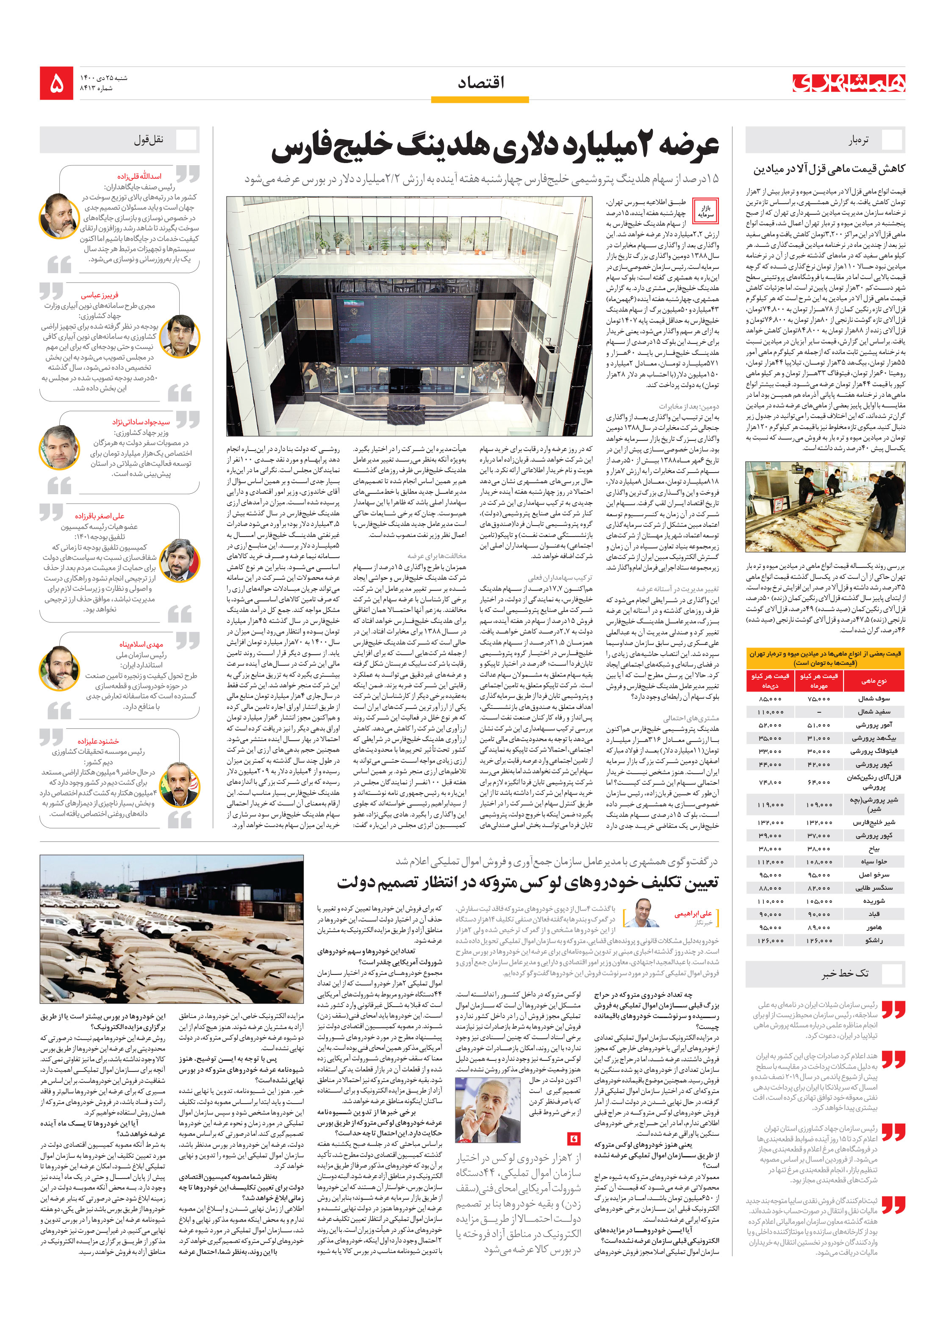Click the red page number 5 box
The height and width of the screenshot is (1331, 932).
(x=56, y=83)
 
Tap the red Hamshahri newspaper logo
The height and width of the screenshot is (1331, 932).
(x=848, y=83)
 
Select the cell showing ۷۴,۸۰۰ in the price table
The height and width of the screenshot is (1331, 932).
(x=770, y=782)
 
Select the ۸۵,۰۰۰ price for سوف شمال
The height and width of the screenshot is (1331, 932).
(x=770, y=699)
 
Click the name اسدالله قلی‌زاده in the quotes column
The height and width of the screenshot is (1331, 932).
(x=139, y=176)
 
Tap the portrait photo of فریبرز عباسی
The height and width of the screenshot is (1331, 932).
(x=180, y=336)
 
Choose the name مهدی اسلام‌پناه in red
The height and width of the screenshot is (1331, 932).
(x=141, y=644)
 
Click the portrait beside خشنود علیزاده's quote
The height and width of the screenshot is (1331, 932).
(x=180, y=785)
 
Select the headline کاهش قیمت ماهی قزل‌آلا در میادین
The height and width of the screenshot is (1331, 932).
(x=829, y=169)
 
